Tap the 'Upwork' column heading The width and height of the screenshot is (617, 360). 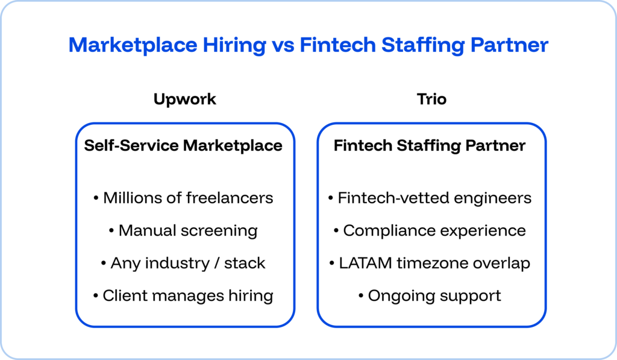[184, 99]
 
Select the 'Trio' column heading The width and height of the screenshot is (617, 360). [431, 99]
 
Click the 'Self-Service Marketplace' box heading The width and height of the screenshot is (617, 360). [183, 145]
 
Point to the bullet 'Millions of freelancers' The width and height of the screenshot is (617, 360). [184, 198]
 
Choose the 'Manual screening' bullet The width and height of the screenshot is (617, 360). [184, 230]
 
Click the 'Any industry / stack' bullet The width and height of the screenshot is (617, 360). [184, 263]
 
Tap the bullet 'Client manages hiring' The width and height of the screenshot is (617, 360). [184, 295]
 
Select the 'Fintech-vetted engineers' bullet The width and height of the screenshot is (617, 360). [430, 198]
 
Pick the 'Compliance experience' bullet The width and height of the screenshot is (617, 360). [430, 230]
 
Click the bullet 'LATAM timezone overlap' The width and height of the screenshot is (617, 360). [430, 263]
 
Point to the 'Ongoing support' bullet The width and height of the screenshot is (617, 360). [430, 295]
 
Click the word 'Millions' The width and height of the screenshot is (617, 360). [131, 198]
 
